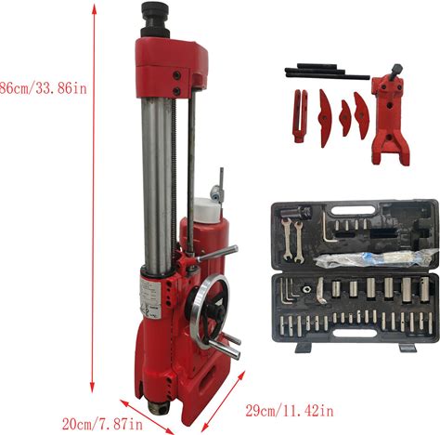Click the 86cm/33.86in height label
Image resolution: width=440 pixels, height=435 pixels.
tap(44, 89)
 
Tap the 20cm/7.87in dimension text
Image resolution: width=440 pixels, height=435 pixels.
tap(102, 424)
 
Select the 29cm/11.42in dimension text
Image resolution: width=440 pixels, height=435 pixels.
tap(290, 411)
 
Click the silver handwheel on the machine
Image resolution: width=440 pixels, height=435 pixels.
tap(210, 306)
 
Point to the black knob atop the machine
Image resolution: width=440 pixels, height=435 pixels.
tap(155, 20)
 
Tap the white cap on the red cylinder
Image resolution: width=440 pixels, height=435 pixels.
tap(207, 209)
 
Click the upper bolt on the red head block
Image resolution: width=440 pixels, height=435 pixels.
tap(177, 75)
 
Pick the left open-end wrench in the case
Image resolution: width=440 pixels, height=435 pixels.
tap(287, 239)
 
